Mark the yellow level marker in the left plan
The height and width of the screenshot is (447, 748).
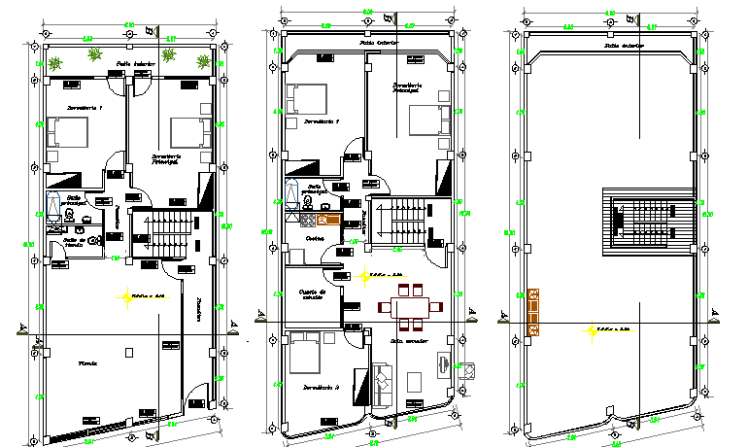click(124, 296)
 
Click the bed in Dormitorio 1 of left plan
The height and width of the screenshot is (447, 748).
click(68, 132)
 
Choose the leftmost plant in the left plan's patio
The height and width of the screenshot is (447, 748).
click(56, 63)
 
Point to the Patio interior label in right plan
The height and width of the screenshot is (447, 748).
click(624, 45)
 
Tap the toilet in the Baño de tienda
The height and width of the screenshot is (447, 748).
click(93, 239)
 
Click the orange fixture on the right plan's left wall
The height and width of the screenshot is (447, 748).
click(533, 310)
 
